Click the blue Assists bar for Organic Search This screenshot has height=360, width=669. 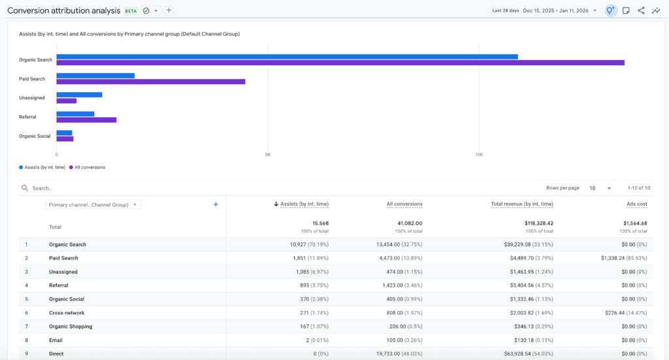287,57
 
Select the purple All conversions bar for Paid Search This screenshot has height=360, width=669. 150,82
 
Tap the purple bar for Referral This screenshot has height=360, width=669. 86,120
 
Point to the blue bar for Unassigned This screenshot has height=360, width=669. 79,95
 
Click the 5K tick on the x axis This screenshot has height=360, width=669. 268,155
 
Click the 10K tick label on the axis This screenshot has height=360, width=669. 479,155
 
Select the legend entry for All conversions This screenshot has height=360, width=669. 90,167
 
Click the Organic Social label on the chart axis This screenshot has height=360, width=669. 35,136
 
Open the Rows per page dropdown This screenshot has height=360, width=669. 600,188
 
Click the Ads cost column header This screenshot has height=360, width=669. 636,205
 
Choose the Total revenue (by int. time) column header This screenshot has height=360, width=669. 522,205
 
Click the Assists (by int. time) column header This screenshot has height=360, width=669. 304,205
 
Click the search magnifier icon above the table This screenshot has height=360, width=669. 25,188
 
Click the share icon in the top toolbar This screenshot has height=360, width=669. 641,10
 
